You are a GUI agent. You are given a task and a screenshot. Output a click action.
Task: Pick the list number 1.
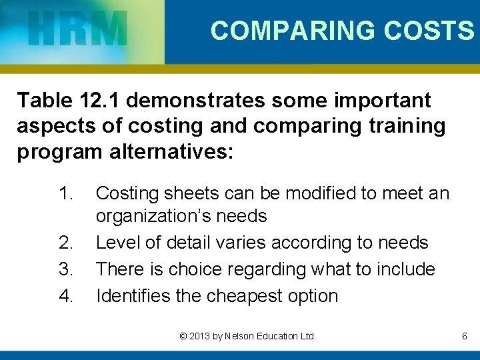[65, 194]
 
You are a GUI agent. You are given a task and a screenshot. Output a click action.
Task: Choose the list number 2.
[65, 243]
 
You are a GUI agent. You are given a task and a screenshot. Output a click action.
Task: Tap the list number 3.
[65, 269]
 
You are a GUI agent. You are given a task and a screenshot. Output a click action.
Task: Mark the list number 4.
[65, 296]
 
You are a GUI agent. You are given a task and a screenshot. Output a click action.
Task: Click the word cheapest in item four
[238, 296]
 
